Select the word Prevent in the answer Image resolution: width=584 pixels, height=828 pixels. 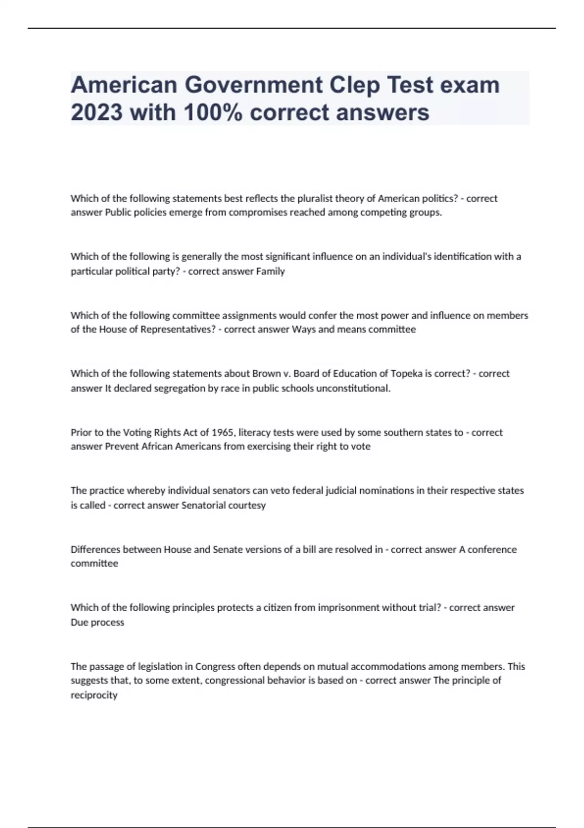pos(122,447)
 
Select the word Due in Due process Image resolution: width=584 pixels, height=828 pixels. pos(79,622)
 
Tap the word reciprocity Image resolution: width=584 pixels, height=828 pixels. pos(94,695)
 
